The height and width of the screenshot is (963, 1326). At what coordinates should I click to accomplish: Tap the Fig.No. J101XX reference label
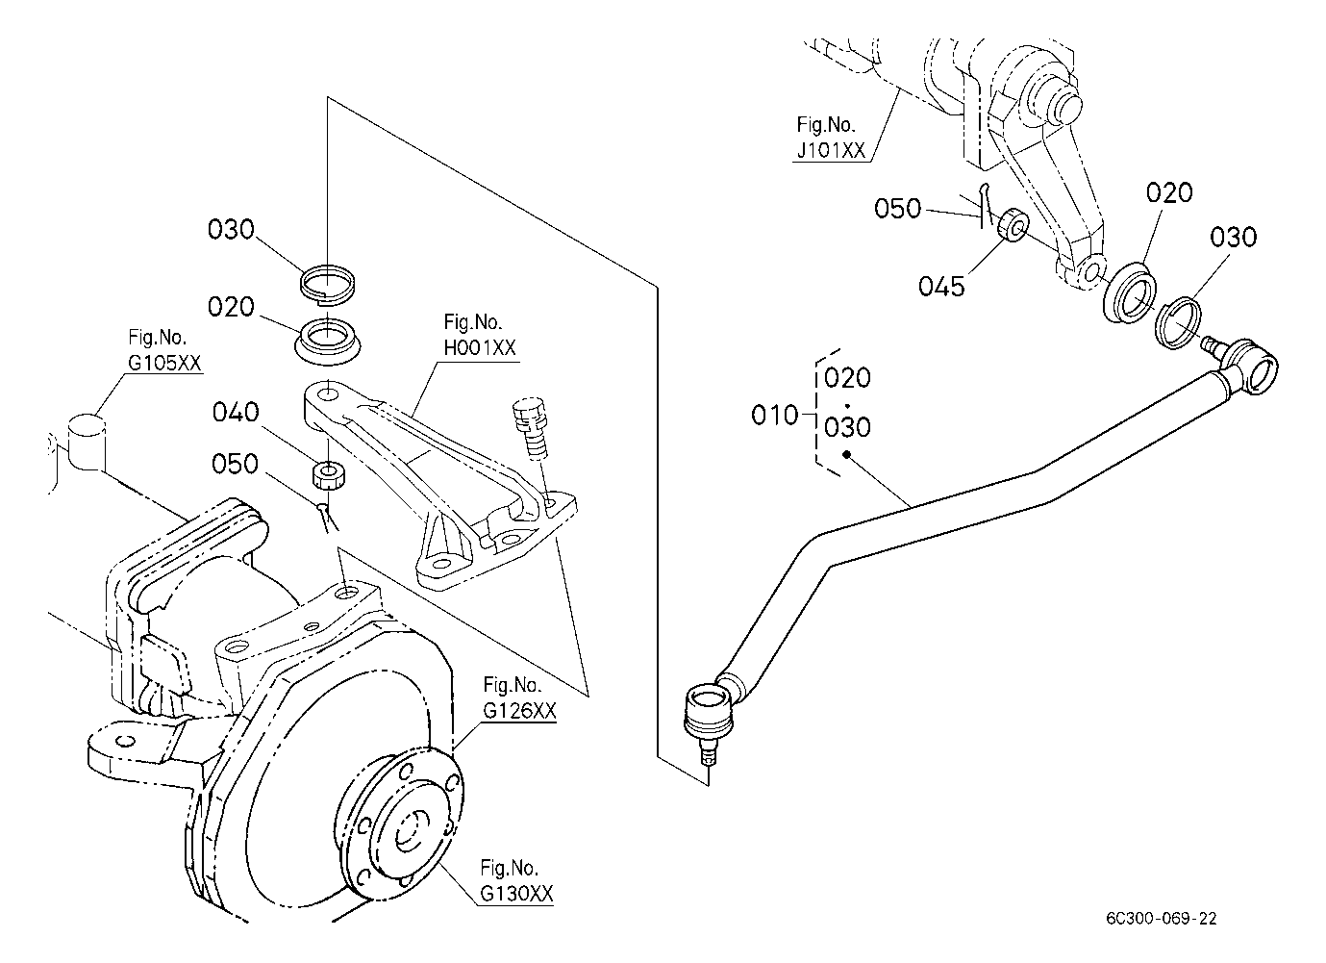[830, 139]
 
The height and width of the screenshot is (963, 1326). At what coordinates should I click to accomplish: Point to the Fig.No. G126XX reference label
[519, 698]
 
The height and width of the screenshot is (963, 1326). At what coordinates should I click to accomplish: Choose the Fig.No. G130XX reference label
[517, 881]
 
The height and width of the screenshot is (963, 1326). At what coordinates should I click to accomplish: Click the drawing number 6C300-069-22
[1161, 919]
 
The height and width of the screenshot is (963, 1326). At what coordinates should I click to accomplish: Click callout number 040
[236, 413]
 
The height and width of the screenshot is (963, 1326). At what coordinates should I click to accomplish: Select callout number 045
[941, 285]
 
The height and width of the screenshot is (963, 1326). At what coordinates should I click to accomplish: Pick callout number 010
[776, 416]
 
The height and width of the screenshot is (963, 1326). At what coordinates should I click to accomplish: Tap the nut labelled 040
[330, 473]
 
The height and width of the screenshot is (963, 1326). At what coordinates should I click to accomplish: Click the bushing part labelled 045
[1012, 228]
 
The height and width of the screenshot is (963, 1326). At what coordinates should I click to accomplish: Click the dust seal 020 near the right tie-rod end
[1128, 291]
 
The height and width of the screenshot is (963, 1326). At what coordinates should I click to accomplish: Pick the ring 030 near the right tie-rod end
[1180, 323]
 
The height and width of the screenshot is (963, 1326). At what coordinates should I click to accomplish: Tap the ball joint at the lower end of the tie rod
[704, 714]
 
